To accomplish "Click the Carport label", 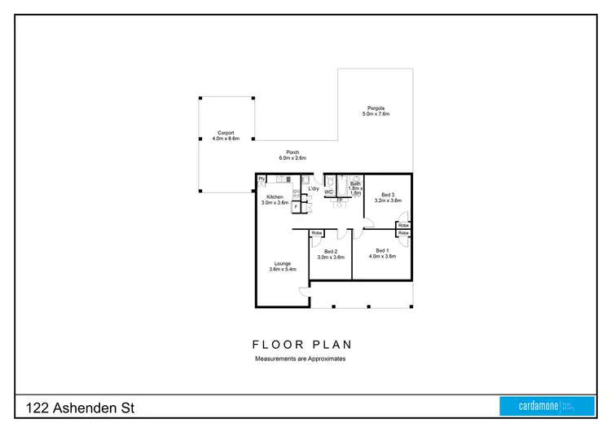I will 226,135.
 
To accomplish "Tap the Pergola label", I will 376,111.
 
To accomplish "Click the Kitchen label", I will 275,200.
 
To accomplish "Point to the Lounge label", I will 283,266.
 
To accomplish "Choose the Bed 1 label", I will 382,253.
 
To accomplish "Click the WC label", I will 329,192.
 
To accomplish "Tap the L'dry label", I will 313,189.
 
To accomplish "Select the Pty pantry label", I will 262,179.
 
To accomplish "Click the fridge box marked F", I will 296,206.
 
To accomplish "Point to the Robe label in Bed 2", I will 317,233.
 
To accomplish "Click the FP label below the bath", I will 340,200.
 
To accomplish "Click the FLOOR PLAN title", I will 302,345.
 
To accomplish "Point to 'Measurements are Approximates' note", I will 300,359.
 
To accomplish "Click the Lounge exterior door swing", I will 303,293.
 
